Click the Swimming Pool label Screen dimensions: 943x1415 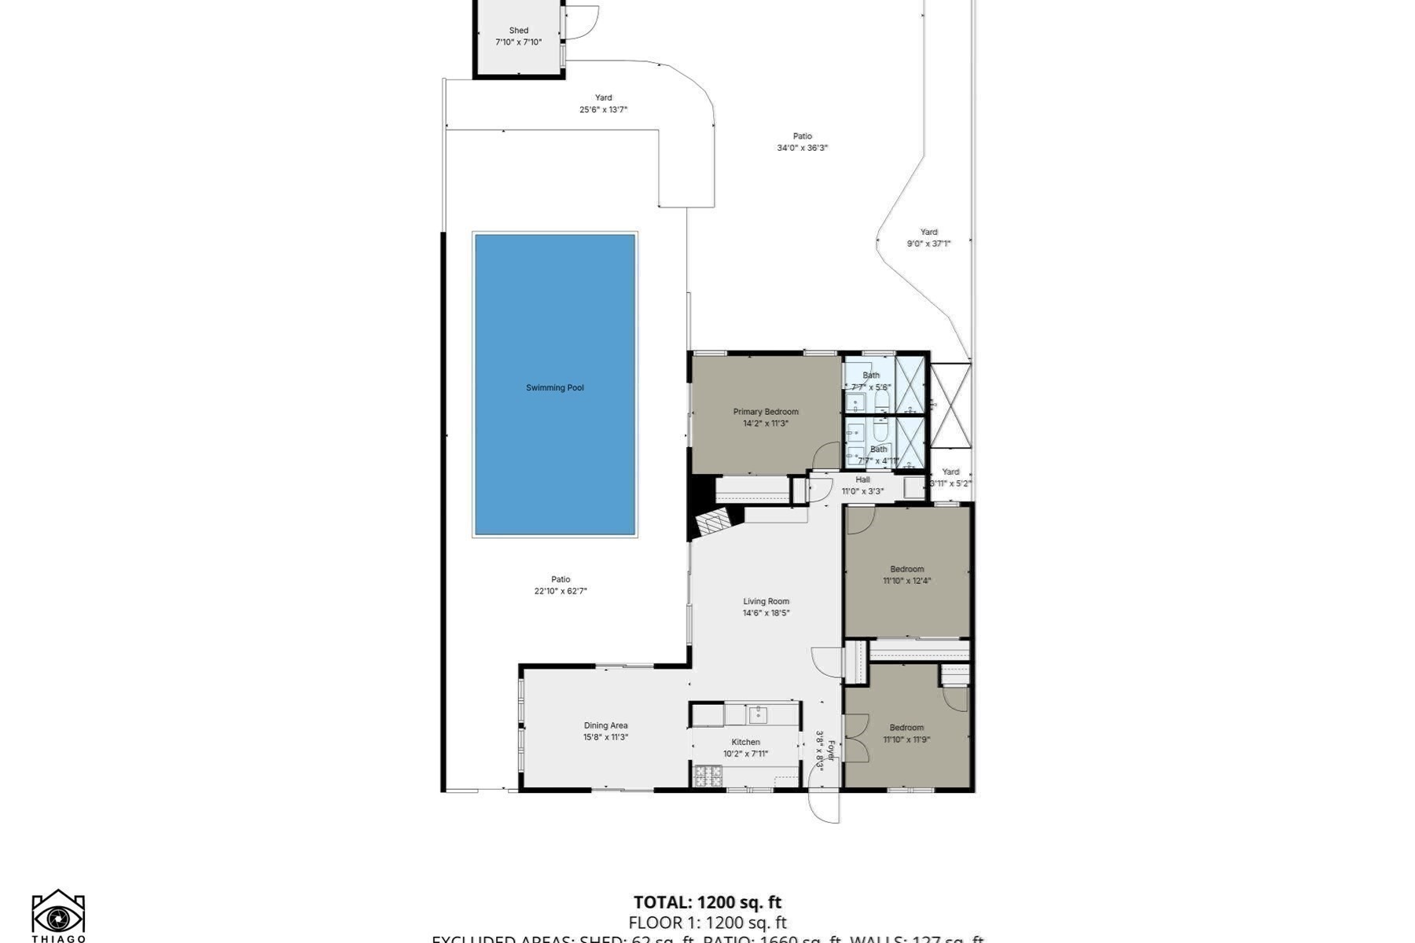click(554, 387)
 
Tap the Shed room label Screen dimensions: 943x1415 click(518, 31)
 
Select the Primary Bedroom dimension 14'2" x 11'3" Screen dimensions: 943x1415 click(765, 424)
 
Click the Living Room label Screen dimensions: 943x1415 click(766, 601)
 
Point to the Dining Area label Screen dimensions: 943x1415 click(605, 725)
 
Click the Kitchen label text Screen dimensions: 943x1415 click(745, 742)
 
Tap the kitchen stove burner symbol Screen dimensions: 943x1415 click(708, 776)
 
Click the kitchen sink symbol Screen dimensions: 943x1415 click(756, 714)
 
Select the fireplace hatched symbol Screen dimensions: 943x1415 click(714, 521)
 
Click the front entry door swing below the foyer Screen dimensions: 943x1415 click(824, 805)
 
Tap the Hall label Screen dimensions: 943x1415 click(862, 479)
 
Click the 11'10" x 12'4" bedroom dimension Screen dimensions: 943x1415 click(906, 581)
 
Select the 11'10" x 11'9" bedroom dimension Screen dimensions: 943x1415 click(906, 739)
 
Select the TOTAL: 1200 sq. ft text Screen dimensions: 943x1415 click(707, 902)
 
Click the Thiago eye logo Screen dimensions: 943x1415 click(58, 915)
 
